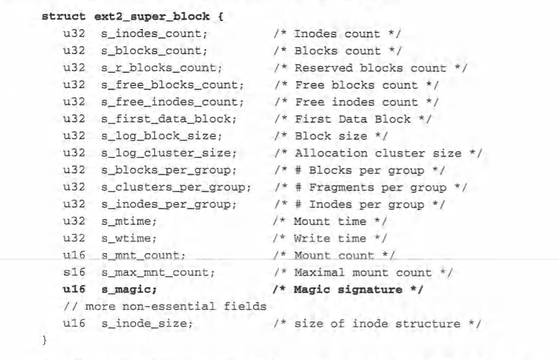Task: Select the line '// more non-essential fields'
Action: pos(164,306)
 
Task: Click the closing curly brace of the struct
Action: pos(45,340)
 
